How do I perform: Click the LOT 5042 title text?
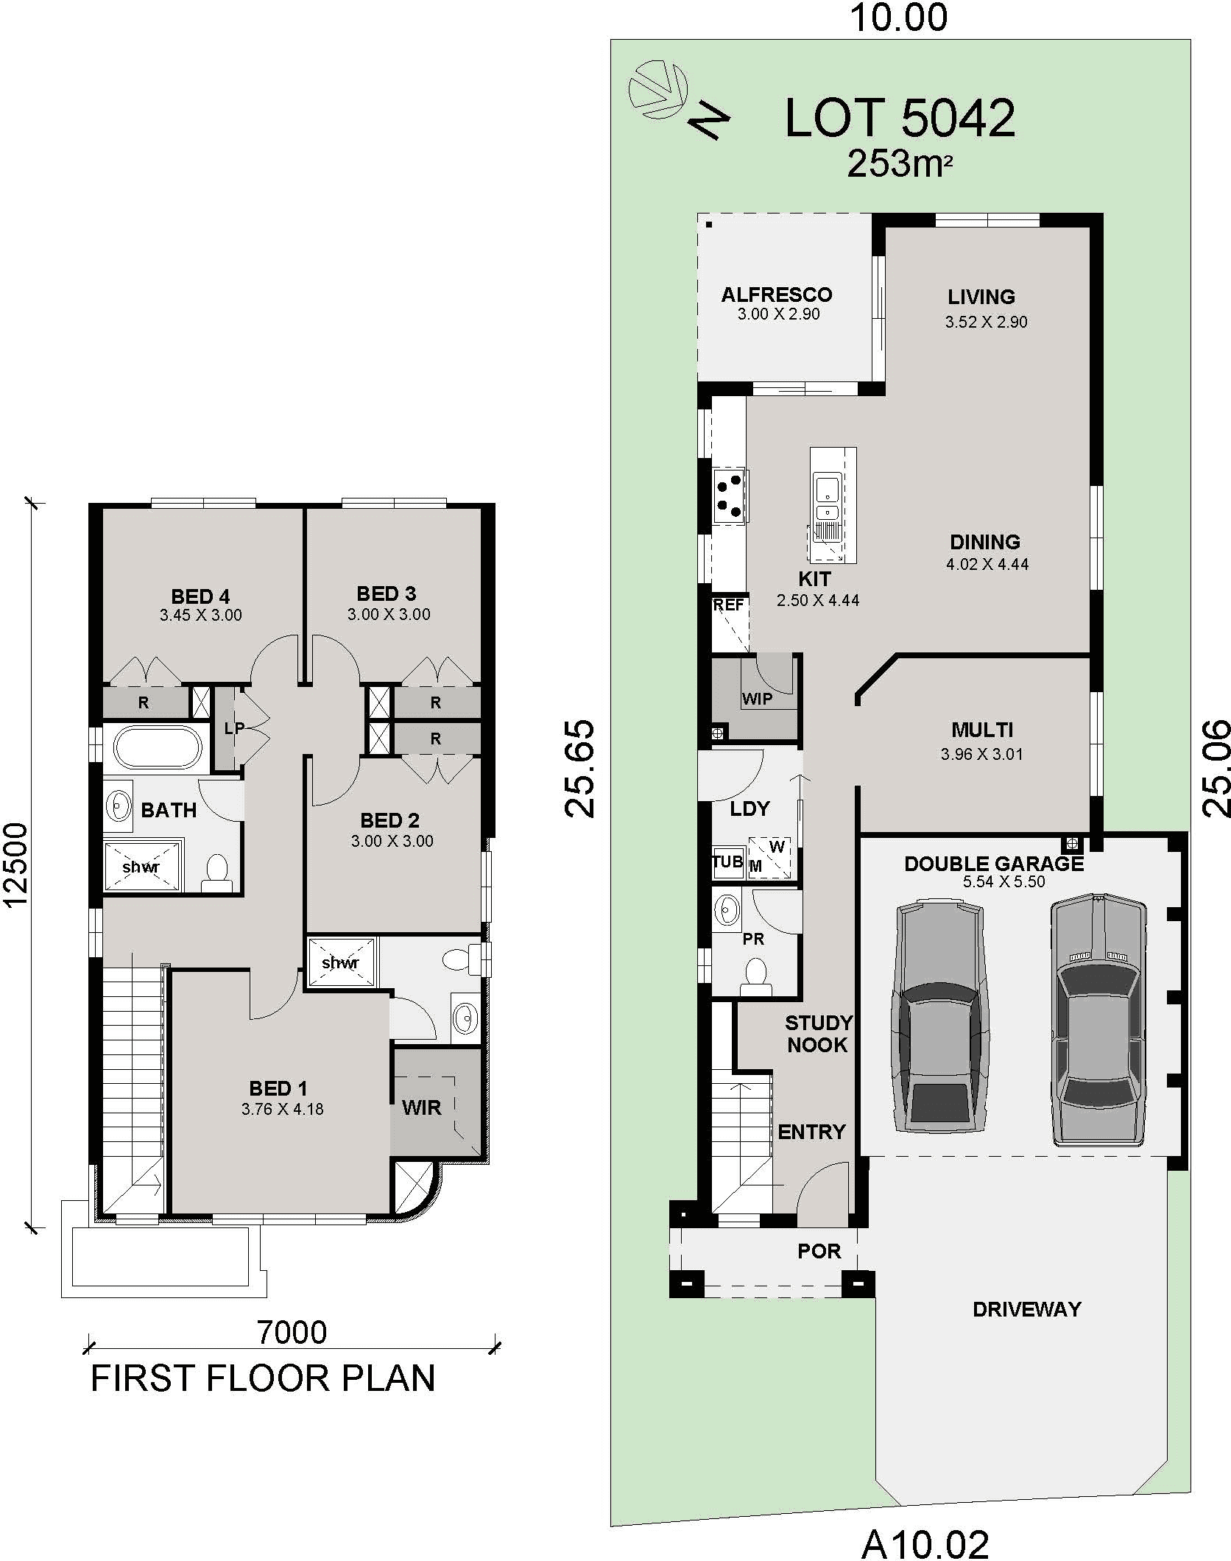pyautogui.click(x=900, y=118)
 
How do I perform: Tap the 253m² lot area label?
pyautogui.click(x=900, y=163)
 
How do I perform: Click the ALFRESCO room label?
pyautogui.click(x=777, y=295)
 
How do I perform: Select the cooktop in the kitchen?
pyautogui.click(x=730, y=496)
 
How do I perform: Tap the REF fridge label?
pyautogui.click(x=728, y=605)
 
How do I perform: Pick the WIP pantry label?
pyautogui.click(x=757, y=699)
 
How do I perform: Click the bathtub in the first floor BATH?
pyautogui.click(x=158, y=748)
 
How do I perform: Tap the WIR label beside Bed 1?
pyautogui.click(x=422, y=1107)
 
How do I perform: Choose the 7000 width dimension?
pyautogui.click(x=292, y=1333)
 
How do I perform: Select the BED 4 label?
pyautogui.click(x=200, y=596)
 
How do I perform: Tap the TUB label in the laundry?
pyautogui.click(x=727, y=861)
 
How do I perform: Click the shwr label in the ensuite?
pyautogui.click(x=340, y=962)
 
